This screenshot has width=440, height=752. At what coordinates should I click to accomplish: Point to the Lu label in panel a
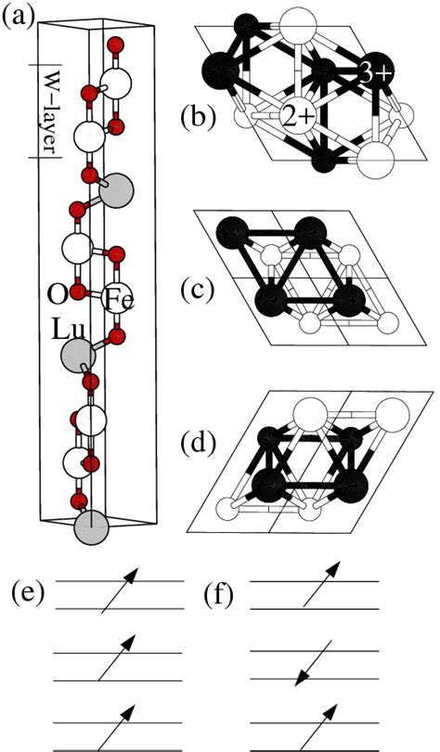[x=64, y=330]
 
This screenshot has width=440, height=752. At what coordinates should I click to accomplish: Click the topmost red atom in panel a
[x=115, y=44]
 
